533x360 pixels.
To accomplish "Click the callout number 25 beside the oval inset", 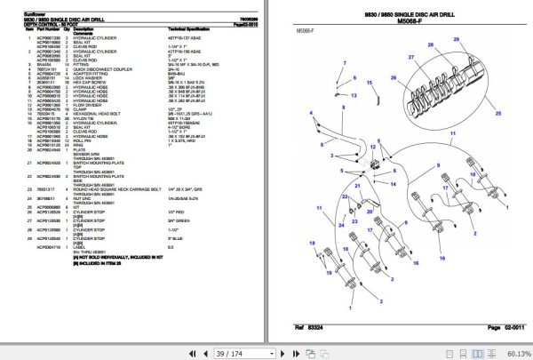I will click(498, 115).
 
